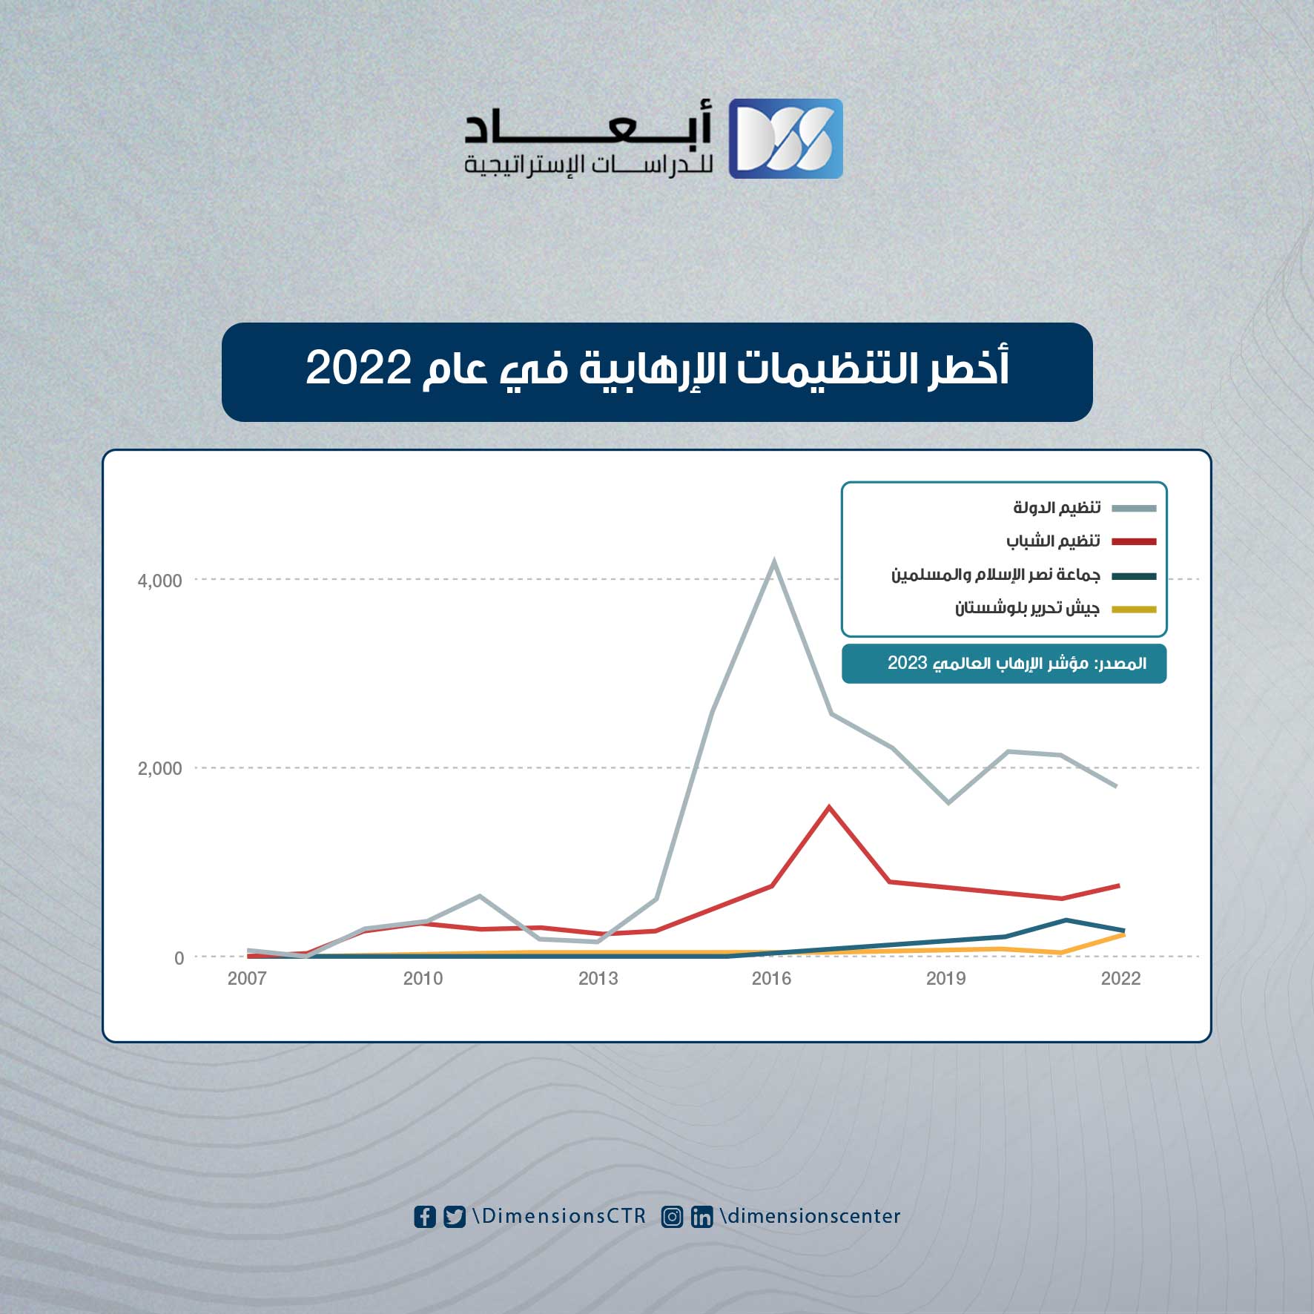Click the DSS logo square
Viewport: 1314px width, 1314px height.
pos(785,139)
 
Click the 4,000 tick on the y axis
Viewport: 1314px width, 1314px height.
pos(159,581)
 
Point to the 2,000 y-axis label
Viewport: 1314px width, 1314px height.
pos(159,768)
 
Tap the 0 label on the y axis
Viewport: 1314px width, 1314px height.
pos(179,958)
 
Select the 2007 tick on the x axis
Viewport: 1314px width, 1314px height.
pos(247,979)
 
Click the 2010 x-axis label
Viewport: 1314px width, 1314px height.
pos(423,979)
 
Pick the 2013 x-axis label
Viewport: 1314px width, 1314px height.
pos(598,979)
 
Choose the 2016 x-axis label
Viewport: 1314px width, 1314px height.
pos(771,979)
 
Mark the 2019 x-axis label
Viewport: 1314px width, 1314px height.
pos(946,979)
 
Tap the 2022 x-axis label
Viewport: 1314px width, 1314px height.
pos(1120,979)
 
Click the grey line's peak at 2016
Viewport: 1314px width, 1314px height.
pos(773,561)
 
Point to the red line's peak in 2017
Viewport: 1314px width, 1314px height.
pos(829,807)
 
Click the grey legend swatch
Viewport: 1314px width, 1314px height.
pos(1134,508)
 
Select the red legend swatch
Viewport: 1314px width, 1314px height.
pos(1134,542)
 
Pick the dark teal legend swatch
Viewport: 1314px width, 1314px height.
pos(1134,576)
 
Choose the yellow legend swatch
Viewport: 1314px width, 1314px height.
pos(1134,610)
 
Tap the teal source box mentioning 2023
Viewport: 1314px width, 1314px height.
pos(1004,664)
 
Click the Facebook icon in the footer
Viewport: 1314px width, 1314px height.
pos(425,1217)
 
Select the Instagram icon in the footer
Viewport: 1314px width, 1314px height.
pos(672,1217)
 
